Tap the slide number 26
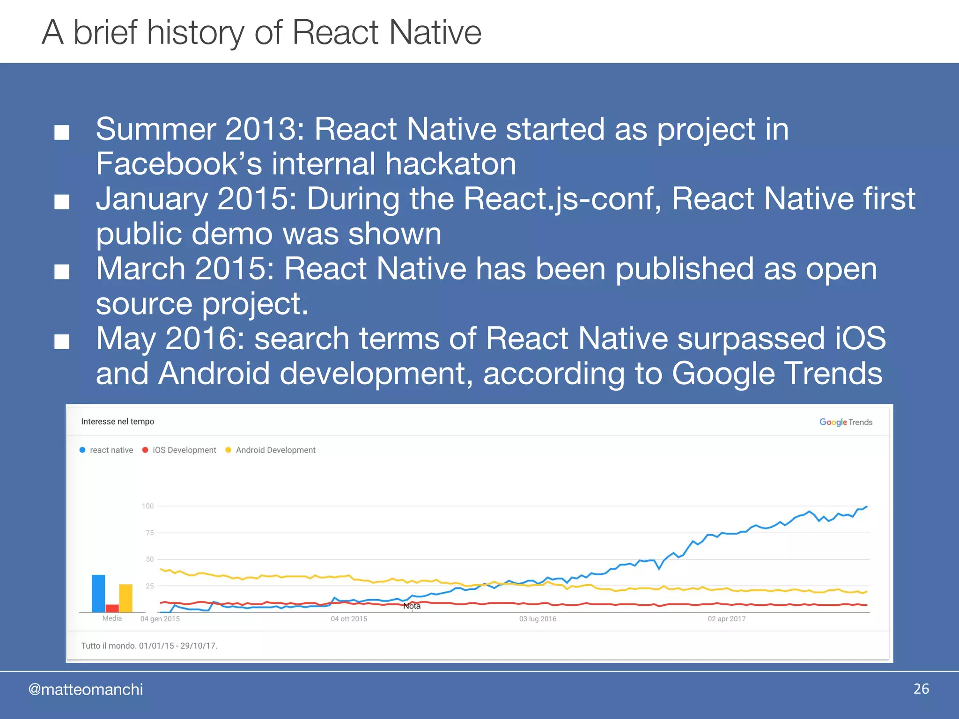921,689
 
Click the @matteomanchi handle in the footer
86,690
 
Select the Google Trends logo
845,422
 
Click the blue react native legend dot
82,450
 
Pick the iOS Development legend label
184,450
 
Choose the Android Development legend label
275,450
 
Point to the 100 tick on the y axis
148,506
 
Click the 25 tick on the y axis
149,586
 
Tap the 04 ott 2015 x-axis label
349,619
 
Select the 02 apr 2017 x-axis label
726,619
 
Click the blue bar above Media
98,593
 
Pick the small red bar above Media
112,608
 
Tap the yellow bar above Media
125,598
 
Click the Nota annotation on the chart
412,606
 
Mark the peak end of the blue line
866,506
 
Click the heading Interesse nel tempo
118,421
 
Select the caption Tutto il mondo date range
149,646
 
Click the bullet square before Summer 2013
62,132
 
